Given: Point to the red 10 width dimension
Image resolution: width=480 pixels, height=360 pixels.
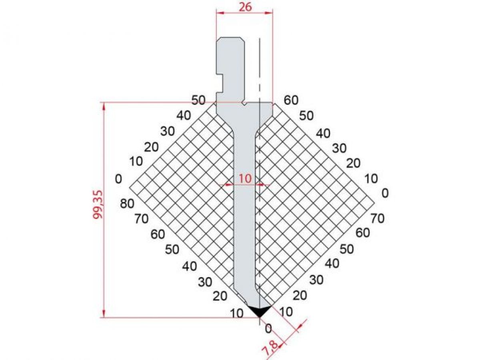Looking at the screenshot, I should coord(245,178).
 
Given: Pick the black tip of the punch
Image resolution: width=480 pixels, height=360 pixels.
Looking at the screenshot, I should coord(259,310).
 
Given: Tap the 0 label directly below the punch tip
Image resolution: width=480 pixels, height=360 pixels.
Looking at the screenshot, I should coord(268,329).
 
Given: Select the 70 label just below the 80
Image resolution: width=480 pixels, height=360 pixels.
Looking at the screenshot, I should coord(142,219).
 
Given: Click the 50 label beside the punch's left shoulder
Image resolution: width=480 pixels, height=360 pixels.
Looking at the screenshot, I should coord(198,100).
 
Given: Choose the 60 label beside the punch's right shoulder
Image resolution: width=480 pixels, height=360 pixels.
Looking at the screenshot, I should coord(291,100).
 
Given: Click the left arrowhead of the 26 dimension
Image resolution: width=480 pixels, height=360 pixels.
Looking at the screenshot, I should coord(219,13).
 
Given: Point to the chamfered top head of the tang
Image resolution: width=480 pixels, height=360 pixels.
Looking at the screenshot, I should coord(230,40).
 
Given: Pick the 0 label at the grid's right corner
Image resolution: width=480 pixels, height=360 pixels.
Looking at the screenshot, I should coord(385,194).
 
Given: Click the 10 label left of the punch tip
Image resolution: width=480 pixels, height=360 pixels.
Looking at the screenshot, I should coord(237,314).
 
